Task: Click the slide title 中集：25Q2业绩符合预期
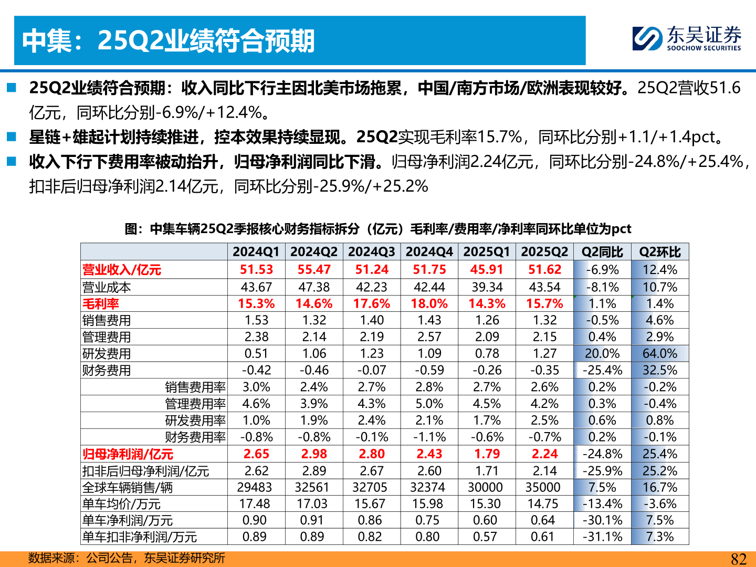point(168,41)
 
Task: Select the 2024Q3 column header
point(371,252)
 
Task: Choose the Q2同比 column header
point(602,252)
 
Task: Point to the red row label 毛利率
point(101,304)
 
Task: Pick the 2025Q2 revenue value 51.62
point(544,270)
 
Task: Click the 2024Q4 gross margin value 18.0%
point(429,304)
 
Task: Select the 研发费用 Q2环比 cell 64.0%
point(660,354)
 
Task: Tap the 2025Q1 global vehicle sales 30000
point(485,488)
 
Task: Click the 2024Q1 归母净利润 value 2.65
point(256,454)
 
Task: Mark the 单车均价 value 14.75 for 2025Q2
point(543,504)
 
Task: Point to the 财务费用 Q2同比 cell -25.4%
point(602,371)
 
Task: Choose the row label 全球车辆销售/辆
point(127,488)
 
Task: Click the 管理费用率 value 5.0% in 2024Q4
point(429,404)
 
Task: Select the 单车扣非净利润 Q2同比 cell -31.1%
point(602,537)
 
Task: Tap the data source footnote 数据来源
point(126,558)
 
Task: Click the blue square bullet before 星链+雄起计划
point(12,137)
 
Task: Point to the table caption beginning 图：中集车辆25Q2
point(377,229)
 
